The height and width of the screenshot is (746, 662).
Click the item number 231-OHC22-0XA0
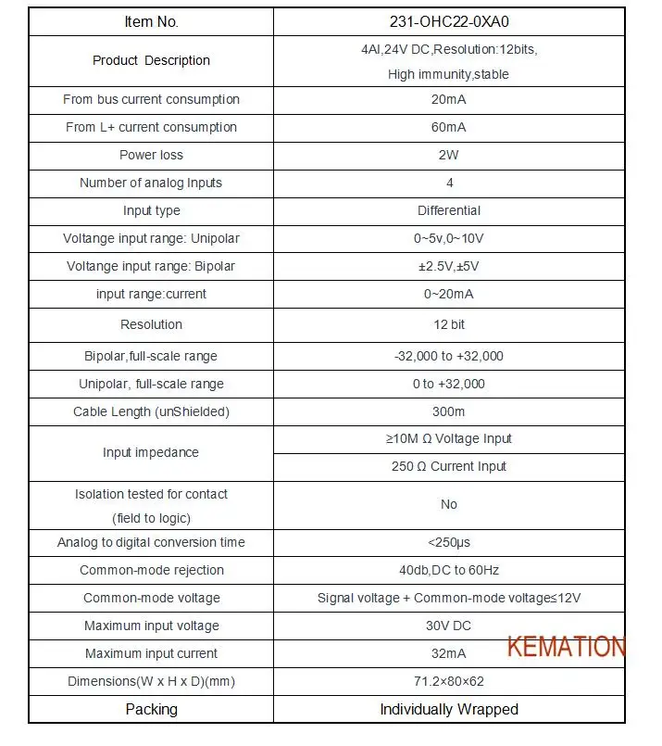point(449,21)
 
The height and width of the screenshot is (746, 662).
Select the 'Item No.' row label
point(151,21)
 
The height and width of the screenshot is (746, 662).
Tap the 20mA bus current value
point(449,99)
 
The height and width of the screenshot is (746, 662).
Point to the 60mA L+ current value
point(449,127)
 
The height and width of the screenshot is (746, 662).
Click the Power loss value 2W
point(449,155)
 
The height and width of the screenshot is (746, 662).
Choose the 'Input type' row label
point(151,210)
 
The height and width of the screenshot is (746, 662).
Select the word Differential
point(449,210)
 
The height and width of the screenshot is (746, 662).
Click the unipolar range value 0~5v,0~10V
point(449,238)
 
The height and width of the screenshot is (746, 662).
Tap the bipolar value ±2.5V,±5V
point(449,266)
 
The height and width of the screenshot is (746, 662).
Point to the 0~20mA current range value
point(449,294)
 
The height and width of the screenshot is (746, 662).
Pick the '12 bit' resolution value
point(449,324)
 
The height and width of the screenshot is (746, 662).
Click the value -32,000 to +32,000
point(449,356)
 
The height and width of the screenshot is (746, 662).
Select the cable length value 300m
point(449,411)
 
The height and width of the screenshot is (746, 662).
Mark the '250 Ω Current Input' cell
point(449,466)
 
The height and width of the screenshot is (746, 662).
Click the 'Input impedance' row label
point(151,452)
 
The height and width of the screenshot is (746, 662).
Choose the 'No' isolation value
point(449,504)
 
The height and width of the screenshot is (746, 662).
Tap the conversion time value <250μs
point(449,542)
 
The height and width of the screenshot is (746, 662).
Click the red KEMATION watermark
point(565,646)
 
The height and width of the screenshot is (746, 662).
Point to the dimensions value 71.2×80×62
point(449,681)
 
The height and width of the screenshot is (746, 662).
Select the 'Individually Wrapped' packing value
point(449,709)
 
